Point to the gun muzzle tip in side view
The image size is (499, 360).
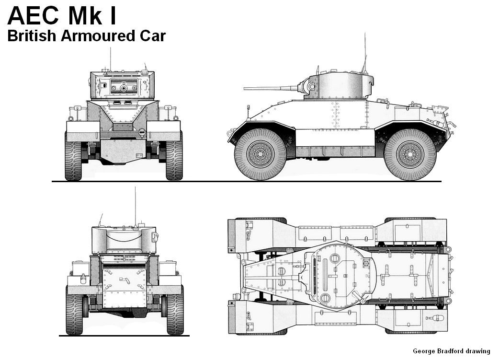(x=245, y=88)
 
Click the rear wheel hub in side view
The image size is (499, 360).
(x=410, y=155)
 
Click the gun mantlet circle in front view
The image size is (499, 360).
(x=124, y=88)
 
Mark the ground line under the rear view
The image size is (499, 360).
(x=124, y=336)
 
